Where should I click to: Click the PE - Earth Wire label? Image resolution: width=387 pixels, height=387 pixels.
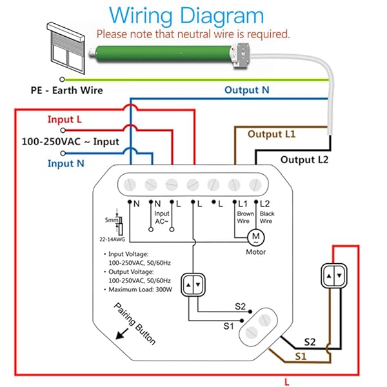point(66,90)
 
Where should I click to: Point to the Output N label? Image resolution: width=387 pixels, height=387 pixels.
point(246,90)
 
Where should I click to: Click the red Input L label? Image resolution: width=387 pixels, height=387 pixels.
point(64,119)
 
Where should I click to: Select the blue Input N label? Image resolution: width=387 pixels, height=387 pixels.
point(66,163)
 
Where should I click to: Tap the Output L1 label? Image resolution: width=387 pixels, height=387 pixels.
point(272,134)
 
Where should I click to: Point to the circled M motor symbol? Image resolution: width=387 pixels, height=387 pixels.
point(255,237)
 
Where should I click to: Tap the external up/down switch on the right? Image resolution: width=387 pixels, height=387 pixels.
point(333,277)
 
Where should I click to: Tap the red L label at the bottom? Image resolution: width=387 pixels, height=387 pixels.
point(286,381)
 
